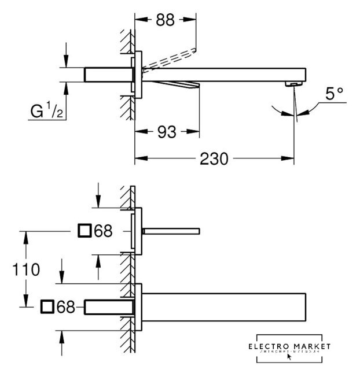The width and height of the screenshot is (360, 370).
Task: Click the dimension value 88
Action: click(x=166, y=20)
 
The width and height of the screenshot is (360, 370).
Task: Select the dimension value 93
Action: click(x=166, y=132)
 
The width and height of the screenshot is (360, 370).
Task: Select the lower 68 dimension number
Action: click(x=67, y=307)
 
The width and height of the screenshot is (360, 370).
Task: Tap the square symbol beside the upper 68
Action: click(x=85, y=231)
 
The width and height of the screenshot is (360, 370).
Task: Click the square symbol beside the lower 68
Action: click(x=47, y=307)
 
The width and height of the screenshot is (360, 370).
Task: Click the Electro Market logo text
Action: click(x=288, y=346)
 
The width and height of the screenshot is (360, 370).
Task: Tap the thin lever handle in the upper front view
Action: click(x=170, y=231)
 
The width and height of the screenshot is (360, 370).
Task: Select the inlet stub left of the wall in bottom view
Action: click(x=110, y=306)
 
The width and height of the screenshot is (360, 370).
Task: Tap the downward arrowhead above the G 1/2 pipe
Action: click(x=66, y=60)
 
